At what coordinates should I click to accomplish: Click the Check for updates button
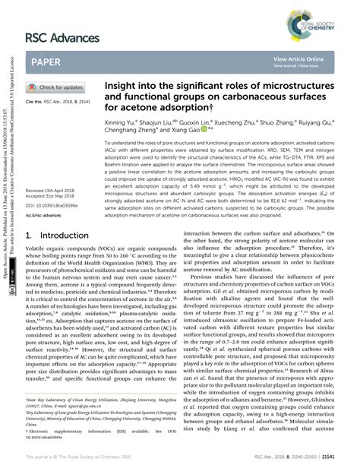[57, 87]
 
